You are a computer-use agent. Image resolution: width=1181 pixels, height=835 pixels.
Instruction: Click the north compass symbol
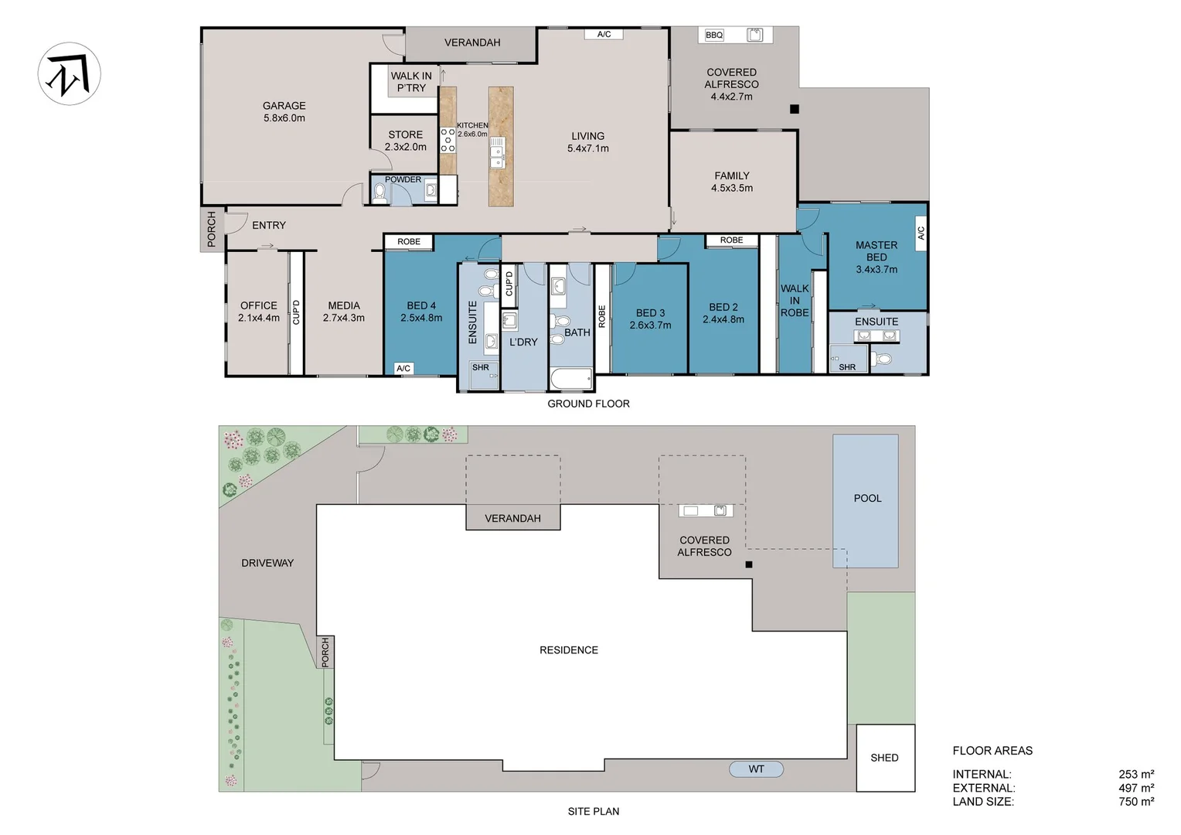click(69, 74)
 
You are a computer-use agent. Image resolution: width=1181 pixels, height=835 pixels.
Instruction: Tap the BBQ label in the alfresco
click(714, 36)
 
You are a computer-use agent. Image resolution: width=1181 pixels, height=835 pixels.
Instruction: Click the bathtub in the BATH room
click(571, 378)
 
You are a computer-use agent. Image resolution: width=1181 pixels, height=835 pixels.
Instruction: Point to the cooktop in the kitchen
click(448, 140)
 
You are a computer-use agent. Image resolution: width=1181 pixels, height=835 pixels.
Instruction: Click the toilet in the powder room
click(379, 193)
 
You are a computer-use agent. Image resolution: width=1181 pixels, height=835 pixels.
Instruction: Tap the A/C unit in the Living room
click(604, 34)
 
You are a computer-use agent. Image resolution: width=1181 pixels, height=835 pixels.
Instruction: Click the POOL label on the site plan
click(867, 498)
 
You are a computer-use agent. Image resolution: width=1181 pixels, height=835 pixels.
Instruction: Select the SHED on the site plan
click(885, 758)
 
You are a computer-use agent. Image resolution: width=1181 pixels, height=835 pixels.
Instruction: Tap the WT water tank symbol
click(756, 769)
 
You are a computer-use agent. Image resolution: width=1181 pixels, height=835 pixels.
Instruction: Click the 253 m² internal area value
click(1136, 775)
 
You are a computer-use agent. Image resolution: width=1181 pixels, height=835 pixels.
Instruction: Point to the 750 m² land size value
click(1136, 802)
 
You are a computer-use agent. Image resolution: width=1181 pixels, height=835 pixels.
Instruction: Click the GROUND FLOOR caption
click(588, 404)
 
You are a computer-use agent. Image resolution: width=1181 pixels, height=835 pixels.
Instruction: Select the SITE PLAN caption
click(593, 811)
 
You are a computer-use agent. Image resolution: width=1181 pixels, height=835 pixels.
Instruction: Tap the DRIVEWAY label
click(267, 563)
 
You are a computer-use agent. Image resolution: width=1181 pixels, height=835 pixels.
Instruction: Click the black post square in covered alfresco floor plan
click(795, 109)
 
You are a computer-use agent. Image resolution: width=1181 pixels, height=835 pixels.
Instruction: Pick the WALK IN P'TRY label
click(411, 82)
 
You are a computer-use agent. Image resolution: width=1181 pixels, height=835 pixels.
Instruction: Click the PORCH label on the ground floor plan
click(212, 230)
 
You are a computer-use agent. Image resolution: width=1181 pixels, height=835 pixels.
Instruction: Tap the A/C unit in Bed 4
click(403, 368)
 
